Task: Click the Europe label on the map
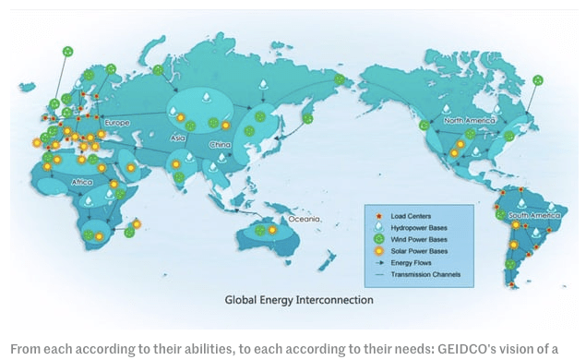pyautogui.click(x=116, y=123)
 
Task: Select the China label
pyautogui.click(x=221, y=145)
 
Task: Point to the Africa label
pyautogui.click(x=81, y=182)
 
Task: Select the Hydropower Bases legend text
pyautogui.click(x=419, y=226)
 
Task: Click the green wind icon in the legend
pyautogui.click(x=379, y=238)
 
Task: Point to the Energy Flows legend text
pyautogui.click(x=410, y=262)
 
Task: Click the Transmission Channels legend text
pyautogui.click(x=425, y=274)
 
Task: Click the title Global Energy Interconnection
pyautogui.click(x=299, y=300)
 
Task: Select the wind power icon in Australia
pyautogui.click(x=261, y=230)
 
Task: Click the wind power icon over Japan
pyautogui.click(x=307, y=118)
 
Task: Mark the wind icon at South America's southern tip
pyautogui.click(x=509, y=264)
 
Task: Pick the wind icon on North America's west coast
pyautogui.click(x=424, y=125)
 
